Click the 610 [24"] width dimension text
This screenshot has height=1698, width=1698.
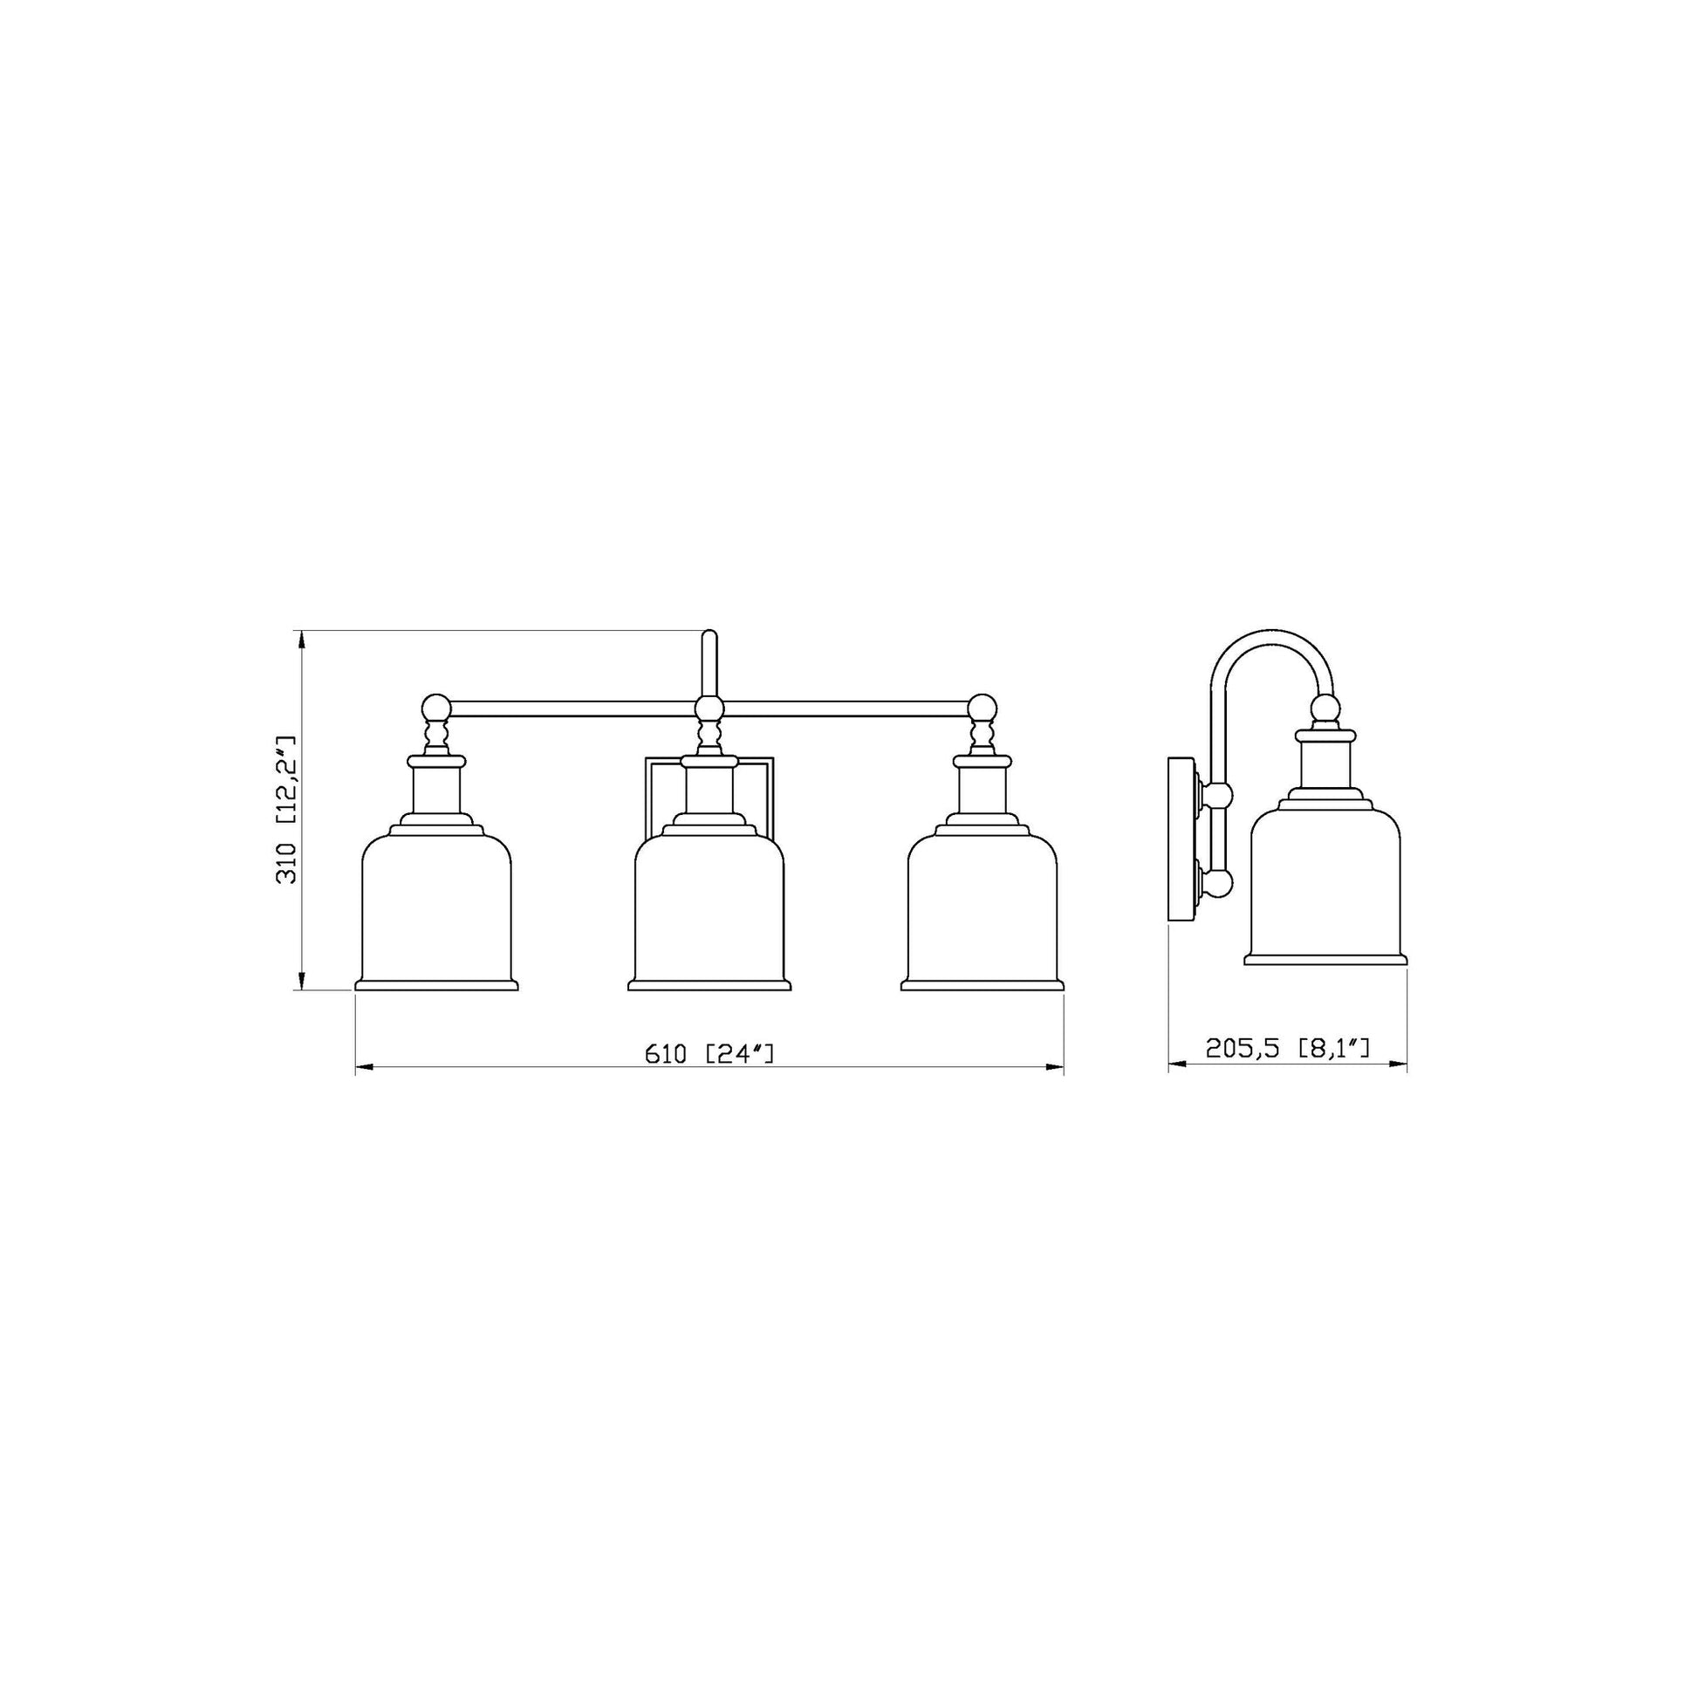pos(709,1053)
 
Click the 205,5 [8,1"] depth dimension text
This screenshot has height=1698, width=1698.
pos(1288,1048)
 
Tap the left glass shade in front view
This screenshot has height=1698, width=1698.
pos(437,909)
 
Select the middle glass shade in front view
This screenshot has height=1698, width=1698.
pos(709,909)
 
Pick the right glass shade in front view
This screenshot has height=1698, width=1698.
pos(982,909)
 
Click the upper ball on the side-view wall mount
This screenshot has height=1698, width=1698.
pos(1218,797)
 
